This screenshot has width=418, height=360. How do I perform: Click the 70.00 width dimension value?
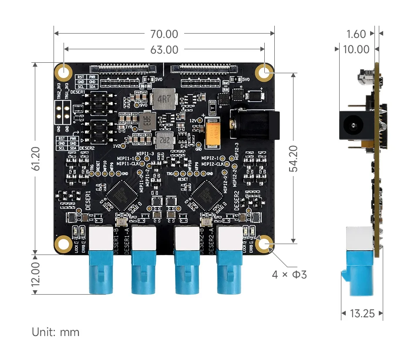pos(164,34)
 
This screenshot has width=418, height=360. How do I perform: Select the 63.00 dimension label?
pos(164,50)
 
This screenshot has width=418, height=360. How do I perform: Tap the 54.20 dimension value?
pos(294,158)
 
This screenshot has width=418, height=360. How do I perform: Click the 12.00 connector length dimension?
pos(36,273)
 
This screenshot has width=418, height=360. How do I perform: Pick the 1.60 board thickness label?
pos(357,34)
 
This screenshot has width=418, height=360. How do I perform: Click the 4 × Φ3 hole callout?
pos(290,275)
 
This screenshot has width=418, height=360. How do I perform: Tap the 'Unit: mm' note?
pos(56,332)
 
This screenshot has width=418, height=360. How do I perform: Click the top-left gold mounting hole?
pos(63,72)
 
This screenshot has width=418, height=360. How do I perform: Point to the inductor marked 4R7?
pos(163,98)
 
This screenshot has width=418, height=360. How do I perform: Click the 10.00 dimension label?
pos(356,50)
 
